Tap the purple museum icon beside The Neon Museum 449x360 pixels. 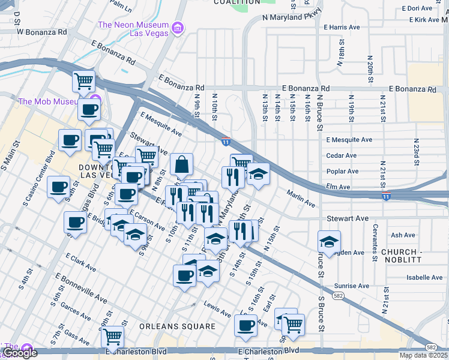pos(176,28)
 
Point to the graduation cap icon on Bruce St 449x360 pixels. pos(329,241)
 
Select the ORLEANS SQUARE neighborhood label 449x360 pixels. pos(177,326)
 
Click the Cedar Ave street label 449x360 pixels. pos(341,155)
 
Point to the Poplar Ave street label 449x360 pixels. pos(342,171)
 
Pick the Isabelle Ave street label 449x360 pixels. pos(424,278)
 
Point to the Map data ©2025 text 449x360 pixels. pos(423,355)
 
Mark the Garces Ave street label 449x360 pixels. pos(75,311)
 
